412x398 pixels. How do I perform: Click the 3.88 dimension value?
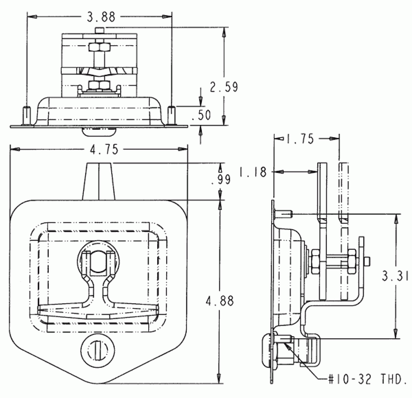tap(101, 17)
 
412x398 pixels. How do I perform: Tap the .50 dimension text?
tap(201, 115)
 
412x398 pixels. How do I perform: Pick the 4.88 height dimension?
tap(220, 301)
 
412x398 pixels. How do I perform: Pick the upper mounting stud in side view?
tap(284, 214)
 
